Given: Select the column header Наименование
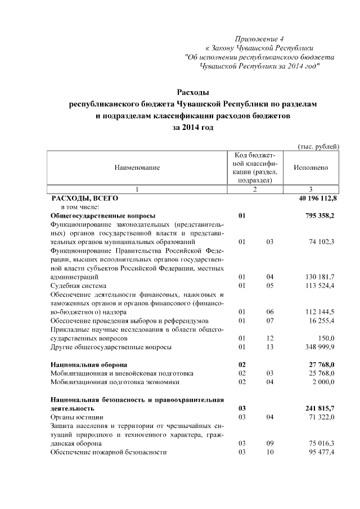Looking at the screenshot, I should tap(137, 168).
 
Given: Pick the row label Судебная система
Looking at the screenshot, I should tap(78, 286).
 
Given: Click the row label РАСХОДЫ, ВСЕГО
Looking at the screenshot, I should tap(84, 199).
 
